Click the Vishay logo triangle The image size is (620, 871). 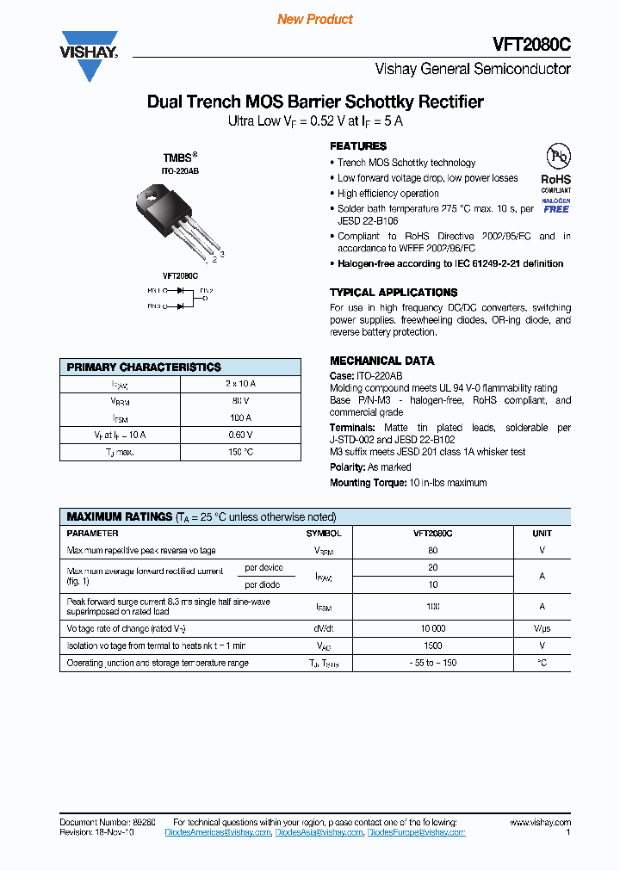pyautogui.click(x=88, y=62)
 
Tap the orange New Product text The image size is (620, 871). pyautogui.click(x=315, y=19)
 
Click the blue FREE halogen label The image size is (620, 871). pyautogui.click(x=555, y=209)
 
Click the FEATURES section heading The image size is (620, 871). pyautogui.click(x=358, y=146)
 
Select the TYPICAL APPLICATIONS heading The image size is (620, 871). pyautogui.click(x=394, y=293)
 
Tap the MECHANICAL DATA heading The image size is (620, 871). pyautogui.click(x=382, y=361)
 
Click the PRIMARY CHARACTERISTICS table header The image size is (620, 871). pyautogui.click(x=144, y=367)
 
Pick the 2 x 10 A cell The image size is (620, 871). pyautogui.click(x=240, y=383)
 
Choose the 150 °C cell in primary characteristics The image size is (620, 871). pyautogui.click(x=240, y=451)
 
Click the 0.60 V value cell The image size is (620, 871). pyautogui.click(x=240, y=435)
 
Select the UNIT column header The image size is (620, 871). pyautogui.click(x=542, y=534)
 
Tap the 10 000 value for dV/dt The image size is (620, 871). pyautogui.click(x=432, y=628)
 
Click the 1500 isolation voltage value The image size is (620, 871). pyautogui.click(x=432, y=646)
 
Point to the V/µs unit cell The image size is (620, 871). pyautogui.click(x=542, y=628)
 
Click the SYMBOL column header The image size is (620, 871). pyautogui.click(x=324, y=534)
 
